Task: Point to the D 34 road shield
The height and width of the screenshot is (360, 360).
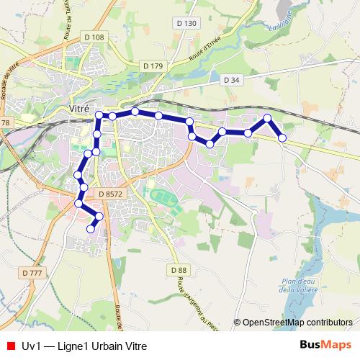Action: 230,79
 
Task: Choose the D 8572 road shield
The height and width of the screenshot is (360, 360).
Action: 110,194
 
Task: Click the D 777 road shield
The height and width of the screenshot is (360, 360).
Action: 32,273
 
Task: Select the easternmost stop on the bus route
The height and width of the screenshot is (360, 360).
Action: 282,138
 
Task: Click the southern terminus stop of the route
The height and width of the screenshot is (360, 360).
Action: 91,228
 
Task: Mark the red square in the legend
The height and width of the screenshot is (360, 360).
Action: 10,346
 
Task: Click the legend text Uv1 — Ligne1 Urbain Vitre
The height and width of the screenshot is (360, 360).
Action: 84,346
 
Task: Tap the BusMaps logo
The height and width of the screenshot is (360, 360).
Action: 325,346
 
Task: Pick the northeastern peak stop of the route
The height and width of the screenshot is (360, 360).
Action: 267,118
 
